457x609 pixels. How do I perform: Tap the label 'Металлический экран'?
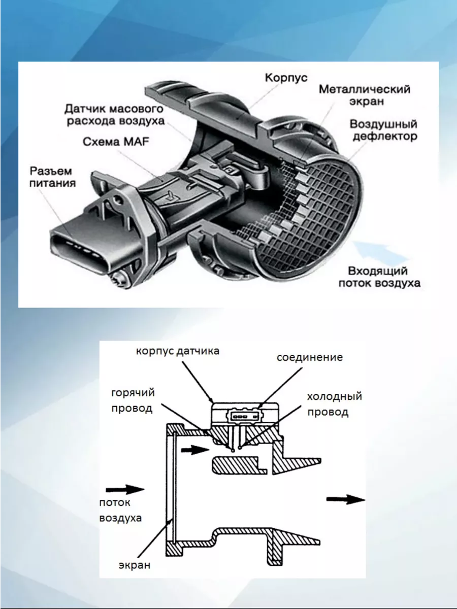[x=365, y=95]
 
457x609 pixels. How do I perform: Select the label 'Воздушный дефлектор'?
[x=384, y=130]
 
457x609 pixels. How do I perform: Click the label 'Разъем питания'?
[x=52, y=177]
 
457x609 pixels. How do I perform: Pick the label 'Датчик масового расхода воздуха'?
[x=114, y=115]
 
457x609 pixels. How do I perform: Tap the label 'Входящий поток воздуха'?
[x=379, y=277]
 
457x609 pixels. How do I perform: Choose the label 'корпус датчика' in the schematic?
[x=177, y=351]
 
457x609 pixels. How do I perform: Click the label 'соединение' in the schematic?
[x=309, y=357]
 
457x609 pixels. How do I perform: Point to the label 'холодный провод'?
[x=334, y=404]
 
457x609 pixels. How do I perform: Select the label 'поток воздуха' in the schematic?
[x=120, y=511]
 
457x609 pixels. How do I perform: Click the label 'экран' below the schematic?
[x=135, y=565]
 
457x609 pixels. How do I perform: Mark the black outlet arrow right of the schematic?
[x=345, y=499]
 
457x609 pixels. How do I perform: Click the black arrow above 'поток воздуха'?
[x=125, y=489]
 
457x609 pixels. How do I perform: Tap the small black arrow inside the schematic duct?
[x=194, y=450]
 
